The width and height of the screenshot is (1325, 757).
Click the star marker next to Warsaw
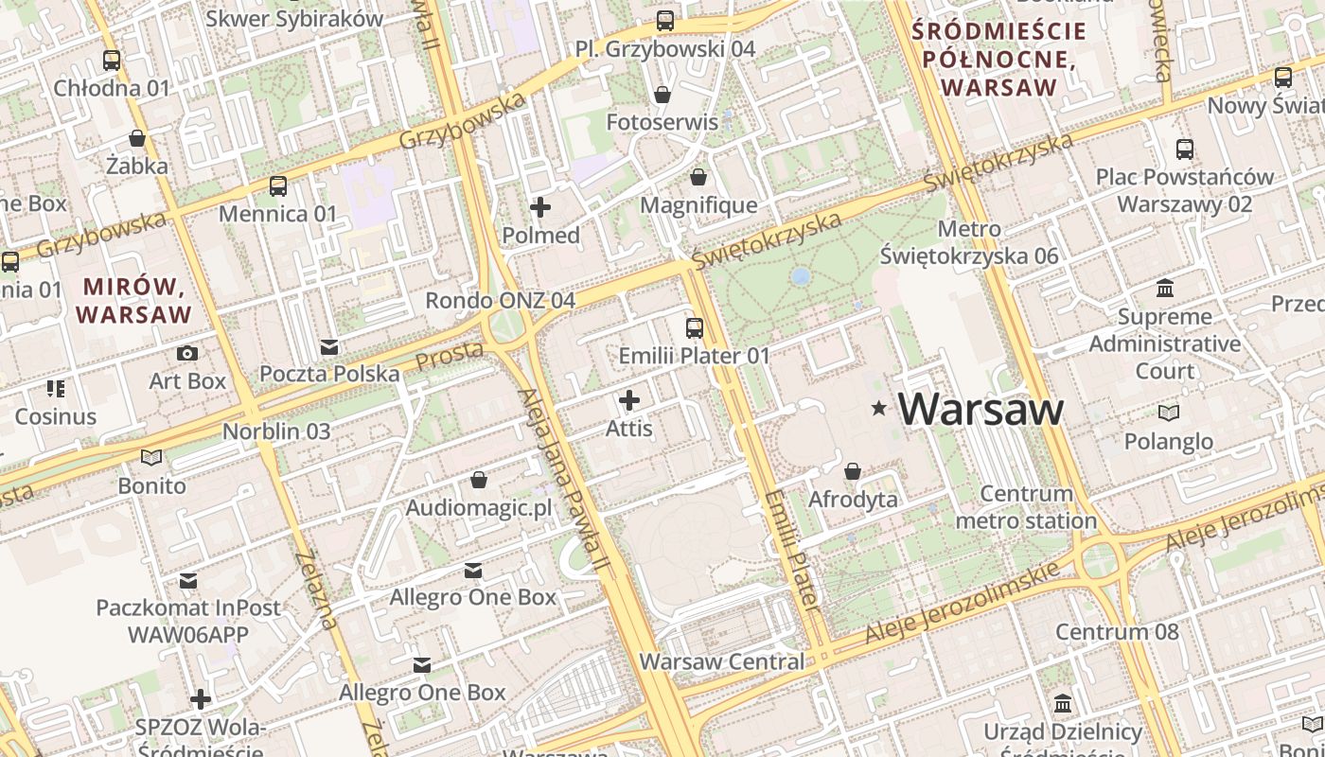click(x=879, y=409)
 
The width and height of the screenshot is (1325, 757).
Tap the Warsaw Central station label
click(x=722, y=661)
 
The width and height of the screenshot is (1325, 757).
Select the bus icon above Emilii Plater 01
click(x=695, y=328)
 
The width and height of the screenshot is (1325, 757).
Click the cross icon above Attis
click(x=629, y=400)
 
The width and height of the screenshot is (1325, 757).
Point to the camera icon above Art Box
click(x=187, y=353)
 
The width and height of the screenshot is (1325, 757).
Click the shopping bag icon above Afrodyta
click(x=853, y=471)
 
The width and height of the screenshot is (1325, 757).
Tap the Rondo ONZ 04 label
click(x=500, y=300)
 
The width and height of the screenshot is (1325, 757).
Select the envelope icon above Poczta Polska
click(x=329, y=346)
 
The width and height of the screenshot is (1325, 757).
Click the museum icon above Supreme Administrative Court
click(x=1165, y=288)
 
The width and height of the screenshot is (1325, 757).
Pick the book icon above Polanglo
click(x=1170, y=413)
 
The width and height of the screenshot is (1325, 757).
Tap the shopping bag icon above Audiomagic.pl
click(x=479, y=481)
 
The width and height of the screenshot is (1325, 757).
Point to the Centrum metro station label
click(x=1026, y=507)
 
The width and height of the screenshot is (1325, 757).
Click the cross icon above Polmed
click(x=540, y=207)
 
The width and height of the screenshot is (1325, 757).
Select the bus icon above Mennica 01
click(x=277, y=185)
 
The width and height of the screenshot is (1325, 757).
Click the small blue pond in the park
click(x=801, y=275)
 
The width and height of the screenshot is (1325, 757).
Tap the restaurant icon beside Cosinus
click(x=55, y=389)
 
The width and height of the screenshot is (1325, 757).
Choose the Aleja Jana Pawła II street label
click(x=564, y=483)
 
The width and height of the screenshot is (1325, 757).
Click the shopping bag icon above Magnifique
click(x=698, y=177)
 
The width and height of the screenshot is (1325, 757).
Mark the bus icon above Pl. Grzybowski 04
click(x=665, y=21)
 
